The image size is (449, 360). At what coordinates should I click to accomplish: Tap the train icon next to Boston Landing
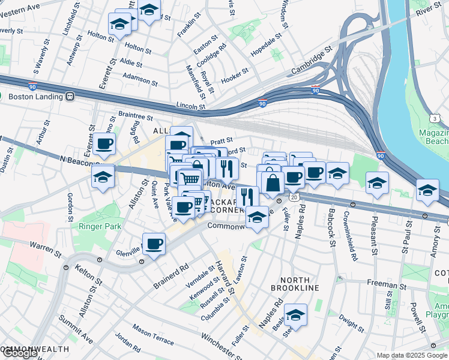70,96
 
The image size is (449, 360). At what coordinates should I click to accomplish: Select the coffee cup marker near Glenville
154,244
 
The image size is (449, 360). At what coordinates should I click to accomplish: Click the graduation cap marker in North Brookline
295,314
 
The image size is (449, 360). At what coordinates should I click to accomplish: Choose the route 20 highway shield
294,197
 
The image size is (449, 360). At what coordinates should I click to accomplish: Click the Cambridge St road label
312,62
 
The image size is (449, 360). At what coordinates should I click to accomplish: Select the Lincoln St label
191,106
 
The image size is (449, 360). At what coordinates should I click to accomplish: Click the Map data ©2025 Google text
412,355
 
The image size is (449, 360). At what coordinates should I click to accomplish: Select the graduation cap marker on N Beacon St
103,177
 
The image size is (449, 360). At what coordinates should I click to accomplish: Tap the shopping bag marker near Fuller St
273,182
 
